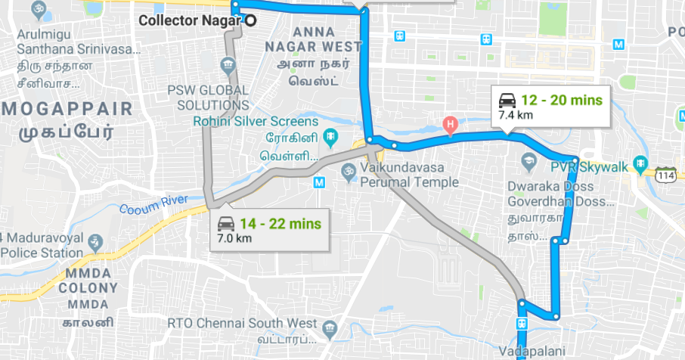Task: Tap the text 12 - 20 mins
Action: pyautogui.click(x=562, y=100)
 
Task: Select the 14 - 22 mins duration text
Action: pyautogui.click(x=281, y=224)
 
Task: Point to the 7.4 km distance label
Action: pyautogui.click(x=516, y=116)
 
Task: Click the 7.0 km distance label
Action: pyautogui.click(x=234, y=239)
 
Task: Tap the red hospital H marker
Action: pyautogui.click(x=451, y=124)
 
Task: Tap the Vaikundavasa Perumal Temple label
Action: pyautogui.click(x=409, y=175)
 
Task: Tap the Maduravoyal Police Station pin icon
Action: pyautogui.click(x=95, y=242)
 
